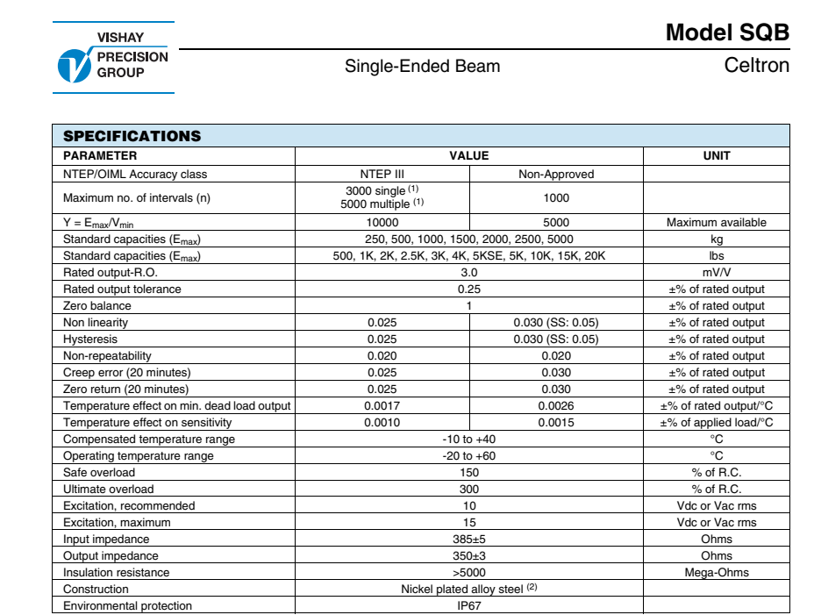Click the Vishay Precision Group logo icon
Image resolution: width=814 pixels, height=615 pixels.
(x=73, y=65)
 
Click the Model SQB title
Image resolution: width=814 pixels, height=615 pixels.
(x=727, y=32)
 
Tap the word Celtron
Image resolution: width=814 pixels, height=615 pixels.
(x=756, y=66)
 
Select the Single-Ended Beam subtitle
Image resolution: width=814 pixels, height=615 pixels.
(x=422, y=66)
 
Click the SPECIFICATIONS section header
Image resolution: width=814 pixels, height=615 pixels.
(x=132, y=136)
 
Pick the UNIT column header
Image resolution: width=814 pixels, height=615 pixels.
(x=716, y=156)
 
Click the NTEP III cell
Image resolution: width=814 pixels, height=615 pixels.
(x=382, y=174)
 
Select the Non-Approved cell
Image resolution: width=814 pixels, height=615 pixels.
(x=556, y=174)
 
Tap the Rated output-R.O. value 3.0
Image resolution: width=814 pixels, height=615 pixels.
(x=469, y=273)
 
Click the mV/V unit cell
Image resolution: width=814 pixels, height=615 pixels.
(x=716, y=273)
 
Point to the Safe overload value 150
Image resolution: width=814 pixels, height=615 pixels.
(x=469, y=472)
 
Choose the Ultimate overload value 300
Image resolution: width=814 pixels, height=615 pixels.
(x=469, y=489)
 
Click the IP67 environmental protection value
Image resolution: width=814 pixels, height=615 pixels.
(x=469, y=605)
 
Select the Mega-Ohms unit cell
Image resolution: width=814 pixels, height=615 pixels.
(x=716, y=572)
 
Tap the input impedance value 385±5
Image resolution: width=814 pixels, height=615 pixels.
(x=469, y=539)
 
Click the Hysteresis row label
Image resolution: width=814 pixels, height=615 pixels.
(x=90, y=339)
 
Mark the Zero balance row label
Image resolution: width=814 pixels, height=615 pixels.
(x=97, y=306)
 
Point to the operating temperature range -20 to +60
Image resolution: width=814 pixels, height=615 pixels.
(x=469, y=455)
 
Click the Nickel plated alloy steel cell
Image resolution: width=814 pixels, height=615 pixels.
(x=469, y=589)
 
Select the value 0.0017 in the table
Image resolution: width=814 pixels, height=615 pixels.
(x=382, y=405)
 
